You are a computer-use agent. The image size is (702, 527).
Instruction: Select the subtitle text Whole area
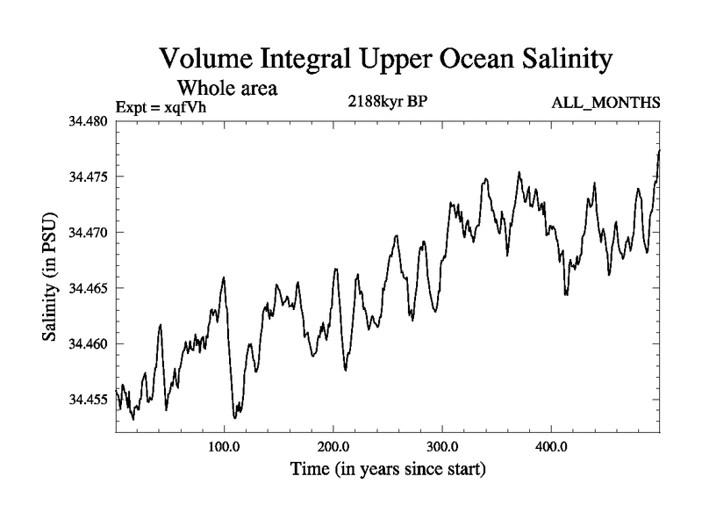[x=227, y=88]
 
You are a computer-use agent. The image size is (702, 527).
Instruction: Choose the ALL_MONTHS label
[x=605, y=104]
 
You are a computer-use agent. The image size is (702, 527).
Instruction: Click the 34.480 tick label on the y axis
[x=87, y=121]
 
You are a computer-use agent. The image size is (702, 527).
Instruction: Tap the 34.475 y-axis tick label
[x=87, y=177]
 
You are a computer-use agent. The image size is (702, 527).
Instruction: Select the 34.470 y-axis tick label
[x=87, y=233]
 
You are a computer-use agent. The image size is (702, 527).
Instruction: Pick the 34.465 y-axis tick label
[x=87, y=288]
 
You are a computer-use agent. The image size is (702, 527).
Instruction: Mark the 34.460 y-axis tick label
[x=87, y=343]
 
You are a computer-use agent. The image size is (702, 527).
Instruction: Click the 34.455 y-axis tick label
[x=87, y=400]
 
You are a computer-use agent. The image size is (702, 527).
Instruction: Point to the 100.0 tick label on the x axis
[x=225, y=446]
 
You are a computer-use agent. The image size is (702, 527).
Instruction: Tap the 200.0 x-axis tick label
[x=333, y=446]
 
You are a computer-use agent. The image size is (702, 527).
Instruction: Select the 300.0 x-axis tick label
[x=442, y=446]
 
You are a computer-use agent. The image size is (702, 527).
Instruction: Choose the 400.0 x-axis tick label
[x=551, y=446]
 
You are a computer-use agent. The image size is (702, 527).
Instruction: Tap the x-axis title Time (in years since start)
[x=388, y=470]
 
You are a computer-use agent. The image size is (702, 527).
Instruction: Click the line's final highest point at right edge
[x=659, y=151]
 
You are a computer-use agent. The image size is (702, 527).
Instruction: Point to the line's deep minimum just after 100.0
[x=235, y=418]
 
